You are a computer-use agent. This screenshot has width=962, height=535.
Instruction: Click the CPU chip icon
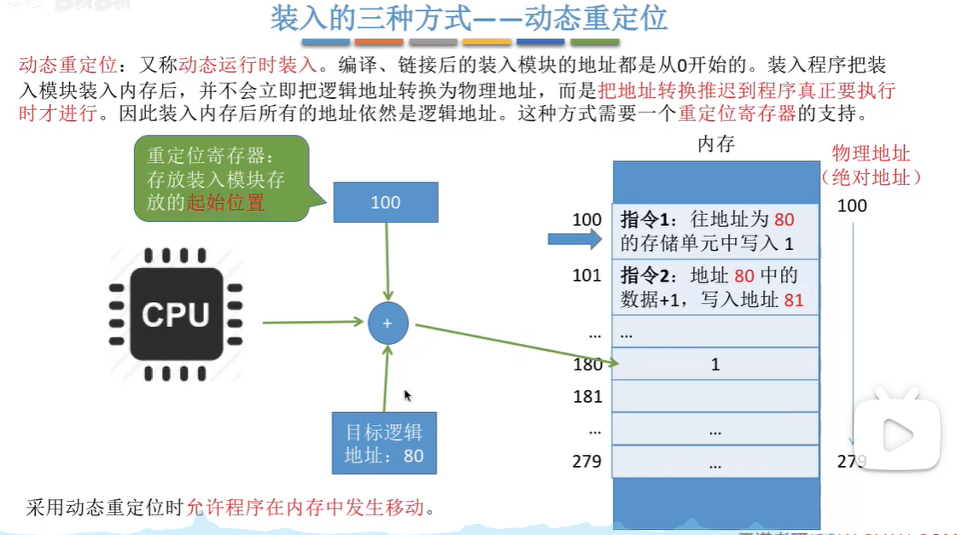[176, 315]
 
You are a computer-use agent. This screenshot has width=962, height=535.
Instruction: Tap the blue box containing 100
[385, 203]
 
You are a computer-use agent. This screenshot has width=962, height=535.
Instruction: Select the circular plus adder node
[388, 323]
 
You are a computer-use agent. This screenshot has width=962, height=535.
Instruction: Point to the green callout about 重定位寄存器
[220, 179]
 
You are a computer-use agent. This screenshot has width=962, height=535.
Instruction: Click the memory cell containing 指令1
[714, 230]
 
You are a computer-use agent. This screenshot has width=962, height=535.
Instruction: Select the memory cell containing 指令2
[714, 288]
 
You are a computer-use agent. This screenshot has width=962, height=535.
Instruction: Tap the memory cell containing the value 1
[714, 364]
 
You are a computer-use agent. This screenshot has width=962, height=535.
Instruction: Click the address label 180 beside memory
[587, 364]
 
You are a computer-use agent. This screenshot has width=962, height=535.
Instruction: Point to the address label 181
[587, 397]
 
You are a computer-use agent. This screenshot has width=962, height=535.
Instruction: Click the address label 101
[587, 276]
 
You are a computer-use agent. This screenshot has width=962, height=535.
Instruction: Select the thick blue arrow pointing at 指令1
[574, 241]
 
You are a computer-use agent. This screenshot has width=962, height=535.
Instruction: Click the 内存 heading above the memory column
[715, 144]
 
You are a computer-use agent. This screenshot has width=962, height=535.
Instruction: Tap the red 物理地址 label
[871, 154]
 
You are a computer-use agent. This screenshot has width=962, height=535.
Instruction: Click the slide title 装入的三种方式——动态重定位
[469, 18]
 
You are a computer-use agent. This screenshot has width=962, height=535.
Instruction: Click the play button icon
[897, 435]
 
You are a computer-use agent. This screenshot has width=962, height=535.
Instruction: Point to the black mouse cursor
[407, 395]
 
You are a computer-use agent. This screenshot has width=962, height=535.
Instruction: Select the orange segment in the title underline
[378, 42]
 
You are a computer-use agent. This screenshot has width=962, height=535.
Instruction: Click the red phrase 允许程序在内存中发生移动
[305, 509]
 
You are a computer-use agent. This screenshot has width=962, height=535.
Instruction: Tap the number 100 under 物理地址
[852, 206]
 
